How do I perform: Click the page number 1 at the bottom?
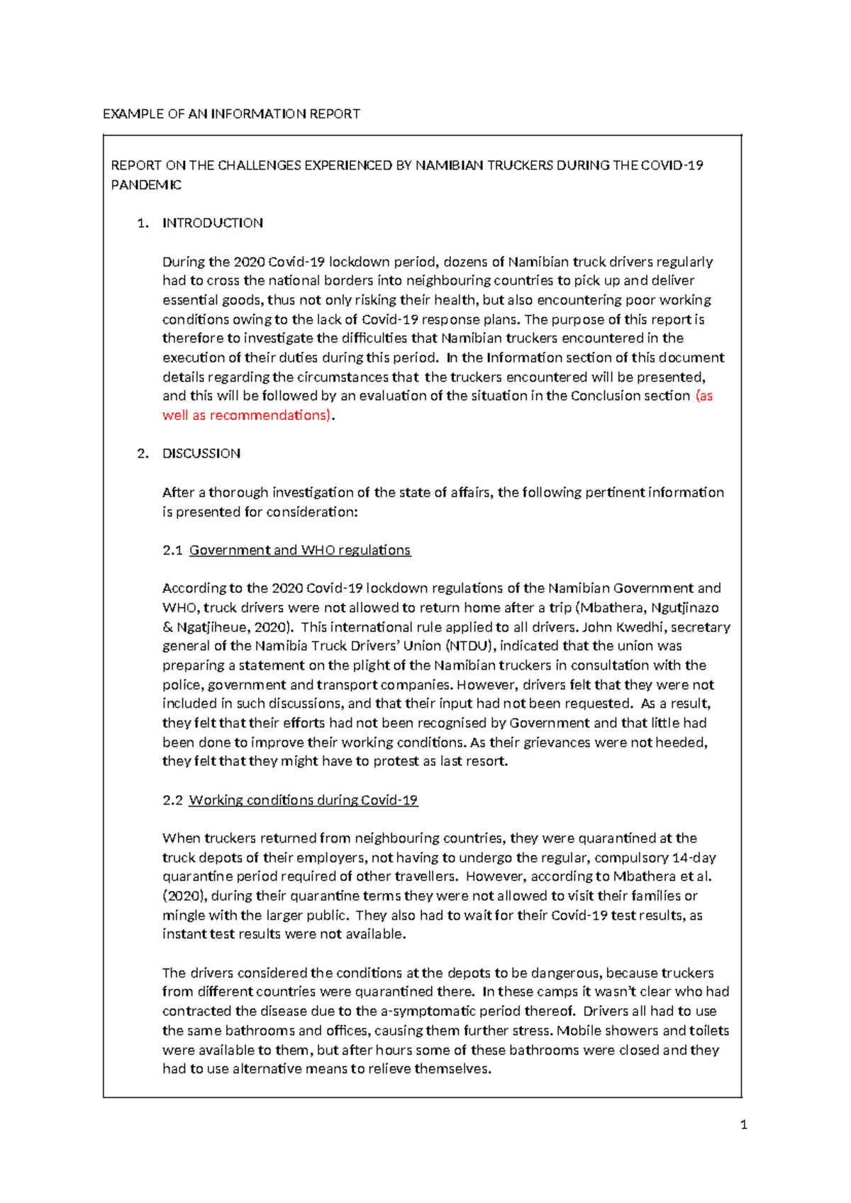[743, 1124]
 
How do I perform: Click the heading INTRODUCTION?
[213, 223]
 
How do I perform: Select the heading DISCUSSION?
[201, 453]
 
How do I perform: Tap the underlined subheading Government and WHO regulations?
[300, 550]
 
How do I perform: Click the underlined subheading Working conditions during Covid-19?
[303, 800]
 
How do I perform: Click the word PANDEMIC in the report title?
[146, 185]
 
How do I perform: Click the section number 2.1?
[172, 550]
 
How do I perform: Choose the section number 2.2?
[172, 800]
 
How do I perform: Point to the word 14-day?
[694, 857]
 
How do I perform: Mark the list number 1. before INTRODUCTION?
[143, 223]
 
